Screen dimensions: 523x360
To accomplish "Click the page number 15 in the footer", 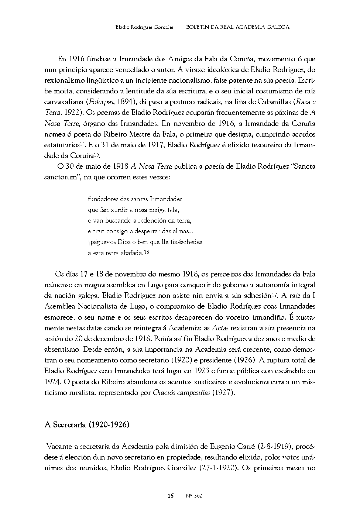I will (170, 496).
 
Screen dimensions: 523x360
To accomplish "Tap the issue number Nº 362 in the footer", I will (194, 496).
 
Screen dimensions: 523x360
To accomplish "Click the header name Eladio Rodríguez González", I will (144, 27).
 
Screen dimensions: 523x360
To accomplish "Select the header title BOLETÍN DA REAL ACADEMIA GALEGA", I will (238, 27).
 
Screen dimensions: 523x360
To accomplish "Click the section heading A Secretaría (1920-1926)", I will (87, 425).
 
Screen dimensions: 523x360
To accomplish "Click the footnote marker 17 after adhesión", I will (274, 294).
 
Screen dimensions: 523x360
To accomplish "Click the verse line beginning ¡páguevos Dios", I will (145, 242).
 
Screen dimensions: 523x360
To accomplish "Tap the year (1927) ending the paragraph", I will (223, 392).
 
